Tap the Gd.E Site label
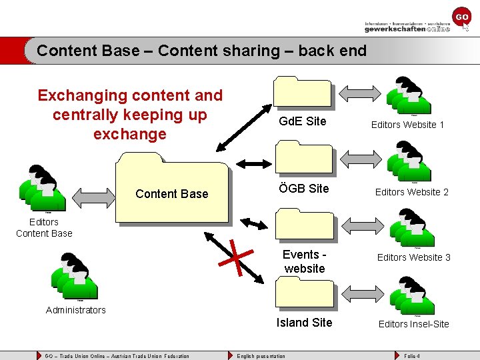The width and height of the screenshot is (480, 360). (303, 121)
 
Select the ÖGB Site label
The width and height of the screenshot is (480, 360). (304, 189)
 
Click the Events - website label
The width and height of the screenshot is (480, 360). (305, 261)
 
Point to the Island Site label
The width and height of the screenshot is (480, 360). (304, 323)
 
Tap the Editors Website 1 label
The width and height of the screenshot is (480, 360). (407, 125)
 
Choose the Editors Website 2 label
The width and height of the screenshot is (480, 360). (411, 192)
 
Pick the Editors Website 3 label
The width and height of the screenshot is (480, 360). (413, 257)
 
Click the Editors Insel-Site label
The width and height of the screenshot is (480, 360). (413, 324)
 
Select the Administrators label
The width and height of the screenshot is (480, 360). (76, 310)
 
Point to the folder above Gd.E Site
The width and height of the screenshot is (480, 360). (303, 91)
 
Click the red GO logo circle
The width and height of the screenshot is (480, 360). (461, 17)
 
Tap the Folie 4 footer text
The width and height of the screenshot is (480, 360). (412, 356)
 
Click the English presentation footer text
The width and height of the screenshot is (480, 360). (261, 356)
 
